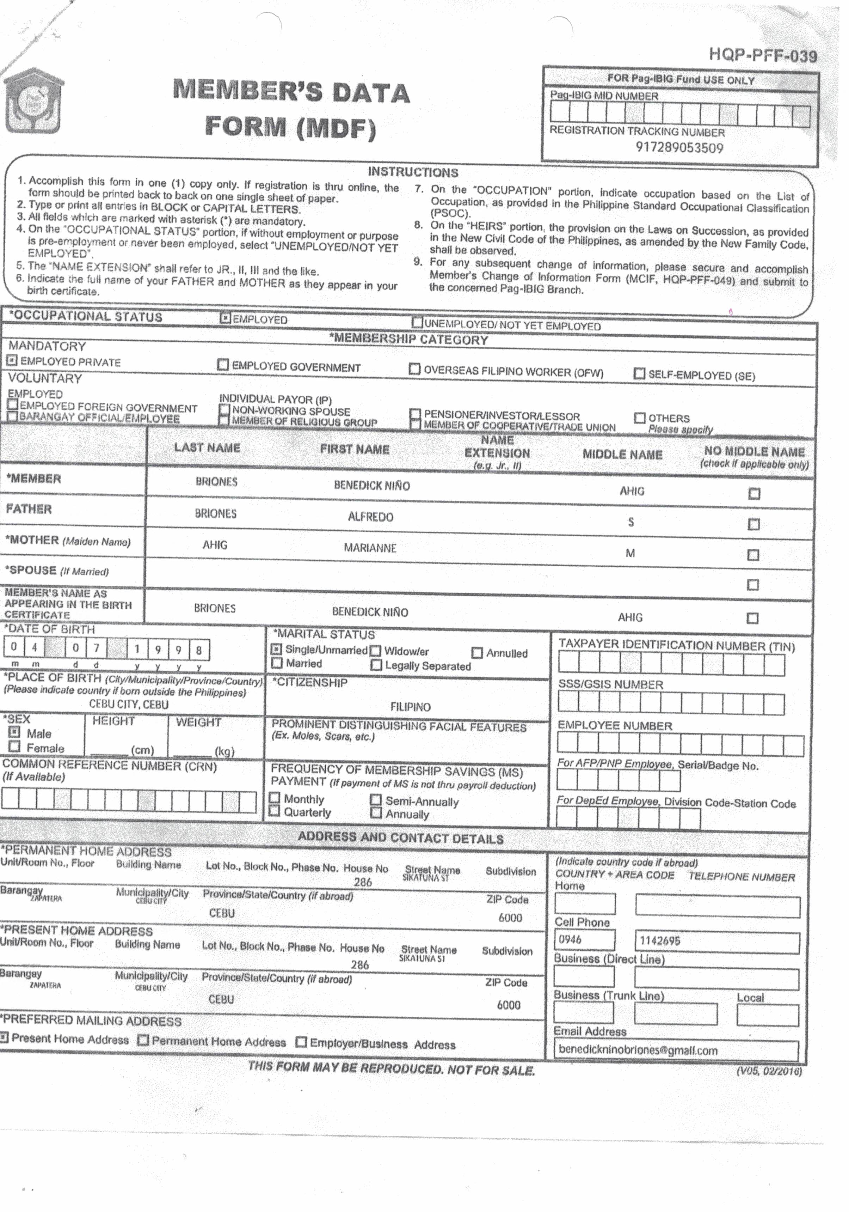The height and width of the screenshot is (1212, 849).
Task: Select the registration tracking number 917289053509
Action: point(679,148)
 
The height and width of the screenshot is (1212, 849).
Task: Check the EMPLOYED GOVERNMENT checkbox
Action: point(223,365)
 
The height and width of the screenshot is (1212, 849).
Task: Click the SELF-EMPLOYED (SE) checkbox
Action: point(639,374)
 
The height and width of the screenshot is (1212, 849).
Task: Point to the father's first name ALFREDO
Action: point(370,517)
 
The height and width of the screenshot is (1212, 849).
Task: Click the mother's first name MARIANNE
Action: point(370,548)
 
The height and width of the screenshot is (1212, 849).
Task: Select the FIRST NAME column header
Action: point(355,449)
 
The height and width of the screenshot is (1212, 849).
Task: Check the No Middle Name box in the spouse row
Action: point(753,585)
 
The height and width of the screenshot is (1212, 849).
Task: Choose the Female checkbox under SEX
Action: point(15,747)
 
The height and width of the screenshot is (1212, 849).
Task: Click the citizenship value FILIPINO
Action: point(410,707)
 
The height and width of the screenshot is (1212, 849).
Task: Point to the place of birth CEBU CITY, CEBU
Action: point(129,704)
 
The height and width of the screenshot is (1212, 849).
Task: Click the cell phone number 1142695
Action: point(660,941)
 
